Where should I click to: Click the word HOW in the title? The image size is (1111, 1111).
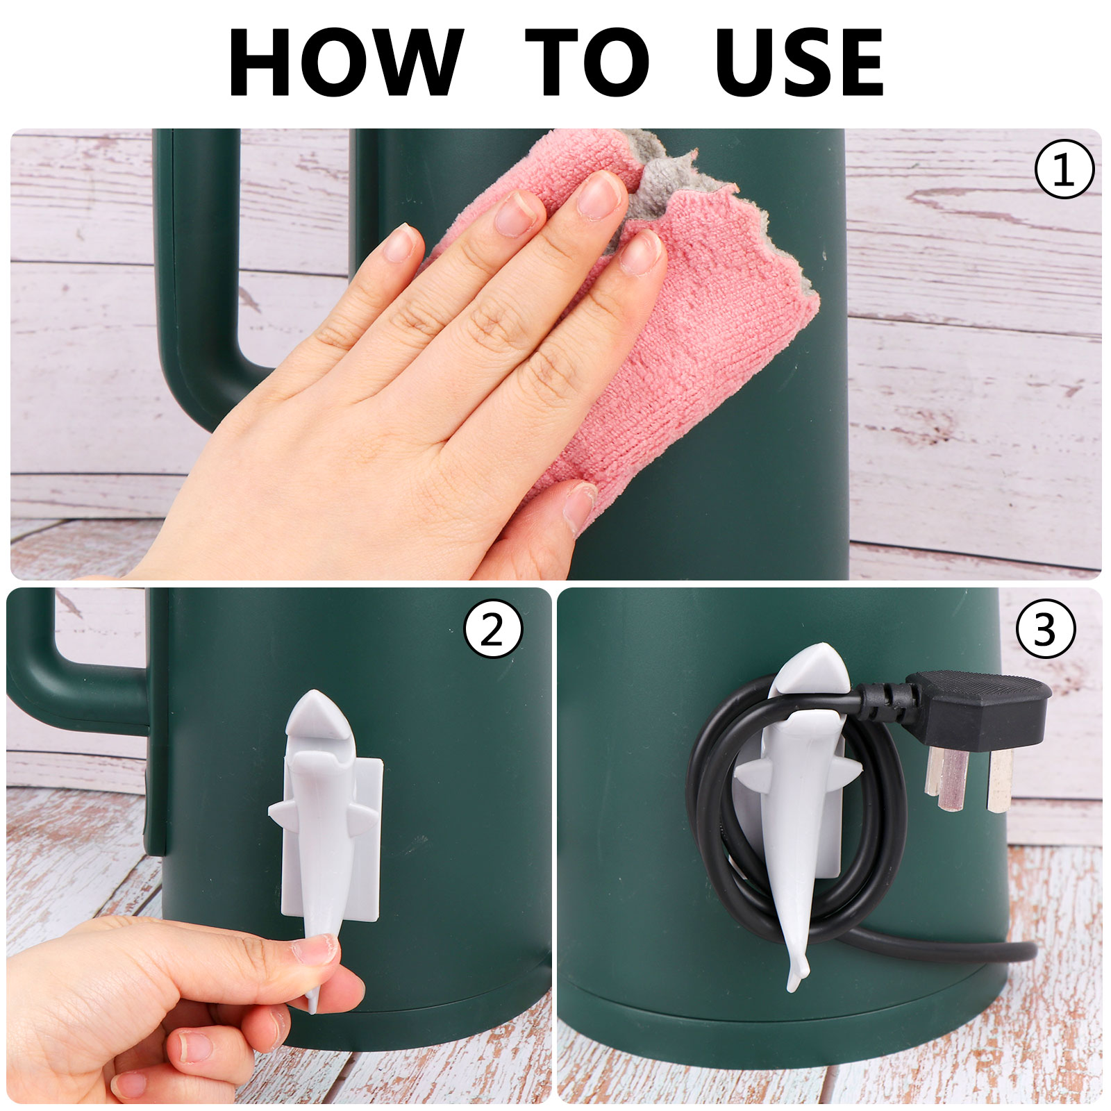[x=345, y=62]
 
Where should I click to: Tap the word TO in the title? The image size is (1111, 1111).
[x=587, y=62]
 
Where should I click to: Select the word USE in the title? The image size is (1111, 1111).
[x=799, y=62]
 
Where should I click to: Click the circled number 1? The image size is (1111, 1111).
[x=1064, y=169]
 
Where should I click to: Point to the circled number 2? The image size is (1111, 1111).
[x=493, y=630]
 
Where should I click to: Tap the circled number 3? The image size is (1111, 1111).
[x=1046, y=629]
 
